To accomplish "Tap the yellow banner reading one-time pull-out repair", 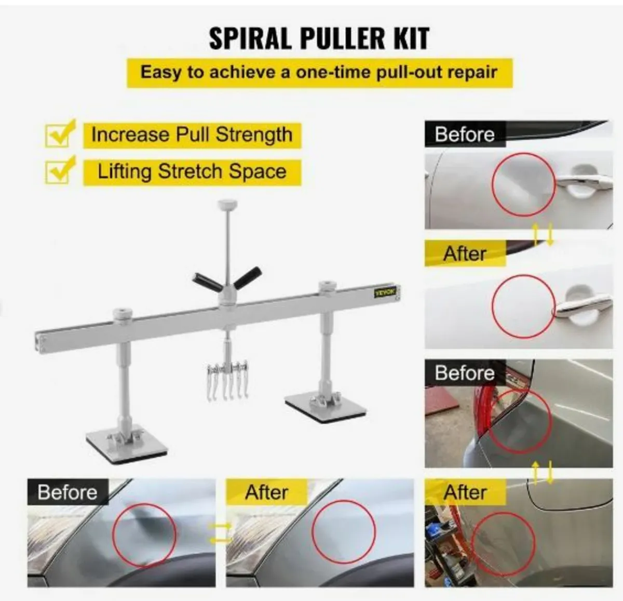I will pos(319,72).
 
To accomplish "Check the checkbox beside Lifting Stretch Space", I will pos(59,171).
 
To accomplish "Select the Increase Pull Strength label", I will pos(192,135).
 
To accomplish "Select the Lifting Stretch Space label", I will pos(192,171).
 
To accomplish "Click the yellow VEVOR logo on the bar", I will pos(385,292).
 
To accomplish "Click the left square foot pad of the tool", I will pos(127,443).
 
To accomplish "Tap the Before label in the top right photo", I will pos(464,134).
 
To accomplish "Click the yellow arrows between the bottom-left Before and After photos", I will pos(220,533).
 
